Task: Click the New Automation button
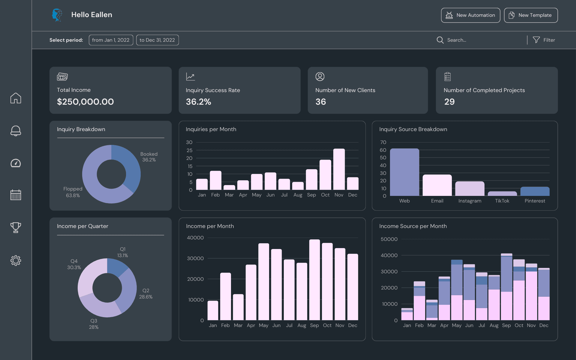pyautogui.click(x=470, y=15)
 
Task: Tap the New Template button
pyautogui.click(x=531, y=15)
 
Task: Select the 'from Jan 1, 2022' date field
pyautogui.click(x=111, y=40)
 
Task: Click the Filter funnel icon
pyautogui.click(x=536, y=40)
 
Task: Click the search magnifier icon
pyautogui.click(x=440, y=40)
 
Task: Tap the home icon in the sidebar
pyautogui.click(x=16, y=98)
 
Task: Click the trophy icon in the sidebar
pyautogui.click(x=16, y=227)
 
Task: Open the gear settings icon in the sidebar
pyautogui.click(x=16, y=260)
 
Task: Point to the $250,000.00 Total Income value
pyautogui.click(x=85, y=102)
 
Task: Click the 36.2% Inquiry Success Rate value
pyautogui.click(x=198, y=102)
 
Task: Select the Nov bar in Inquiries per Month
pyautogui.click(x=339, y=169)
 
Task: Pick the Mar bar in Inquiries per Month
pyautogui.click(x=229, y=187)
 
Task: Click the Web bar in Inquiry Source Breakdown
pyautogui.click(x=404, y=172)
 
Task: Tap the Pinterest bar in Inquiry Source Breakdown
pyautogui.click(x=535, y=191)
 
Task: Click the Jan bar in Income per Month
pyautogui.click(x=213, y=310)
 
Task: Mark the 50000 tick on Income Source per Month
pyautogui.click(x=389, y=239)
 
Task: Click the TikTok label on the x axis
pyautogui.click(x=502, y=201)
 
